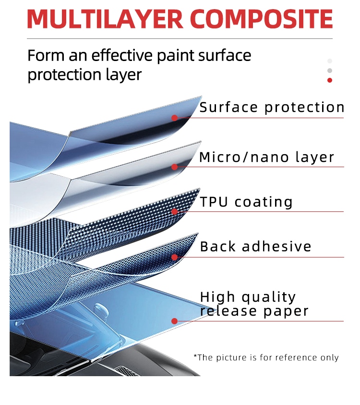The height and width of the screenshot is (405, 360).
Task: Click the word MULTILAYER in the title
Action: (x=105, y=19)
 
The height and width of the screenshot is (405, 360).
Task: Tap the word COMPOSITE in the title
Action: (x=262, y=19)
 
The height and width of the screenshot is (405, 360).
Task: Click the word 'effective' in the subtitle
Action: (x=122, y=55)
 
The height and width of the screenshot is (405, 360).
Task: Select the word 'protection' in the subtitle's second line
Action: (x=64, y=75)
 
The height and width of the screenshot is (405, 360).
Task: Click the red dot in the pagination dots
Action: (x=330, y=80)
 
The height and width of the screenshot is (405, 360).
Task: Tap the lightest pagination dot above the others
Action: (x=330, y=61)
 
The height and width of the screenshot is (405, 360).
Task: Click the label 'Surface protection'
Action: (x=272, y=107)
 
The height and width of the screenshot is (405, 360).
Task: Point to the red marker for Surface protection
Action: (x=174, y=118)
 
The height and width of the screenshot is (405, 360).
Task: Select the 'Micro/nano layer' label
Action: (x=266, y=157)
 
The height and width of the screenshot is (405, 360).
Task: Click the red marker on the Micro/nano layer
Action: (x=174, y=167)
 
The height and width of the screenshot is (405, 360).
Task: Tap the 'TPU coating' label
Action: (x=246, y=202)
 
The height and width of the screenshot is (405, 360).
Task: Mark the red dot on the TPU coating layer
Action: (x=174, y=212)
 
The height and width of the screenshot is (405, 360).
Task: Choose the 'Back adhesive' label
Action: (x=255, y=246)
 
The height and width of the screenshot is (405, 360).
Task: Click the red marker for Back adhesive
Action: (x=174, y=257)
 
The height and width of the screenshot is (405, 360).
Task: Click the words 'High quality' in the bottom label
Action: (x=248, y=297)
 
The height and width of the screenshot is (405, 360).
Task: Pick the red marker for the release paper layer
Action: (x=174, y=321)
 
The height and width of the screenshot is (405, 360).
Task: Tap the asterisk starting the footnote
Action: (x=195, y=356)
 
